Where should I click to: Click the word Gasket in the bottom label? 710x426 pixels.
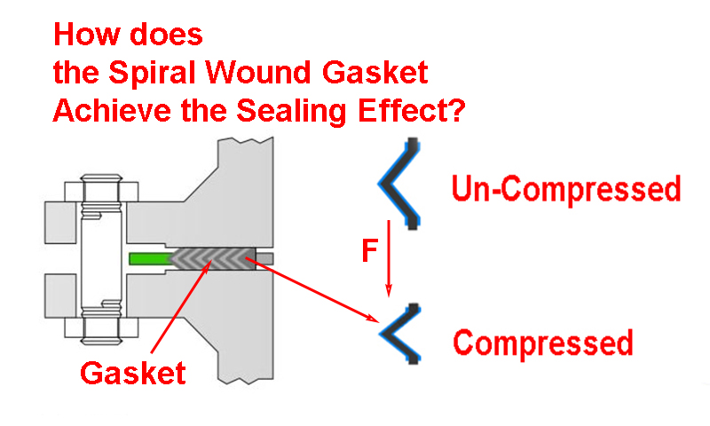pyautogui.click(x=133, y=373)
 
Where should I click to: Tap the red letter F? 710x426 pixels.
pyautogui.click(x=370, y=251)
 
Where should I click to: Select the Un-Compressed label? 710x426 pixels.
pyautogui.click(x=566, y=188)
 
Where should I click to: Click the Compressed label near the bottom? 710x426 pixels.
pyautogui.click(x=543, y=342)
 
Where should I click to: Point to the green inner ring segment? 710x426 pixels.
pyautogui.click(x=149, y=259)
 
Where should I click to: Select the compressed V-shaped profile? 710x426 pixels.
pyautogui.click(x=398, y=334)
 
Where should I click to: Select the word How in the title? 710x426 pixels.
pyautogui.click(x=84, y=35)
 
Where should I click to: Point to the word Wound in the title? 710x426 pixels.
pyautogui.click(x=246, y=74)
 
